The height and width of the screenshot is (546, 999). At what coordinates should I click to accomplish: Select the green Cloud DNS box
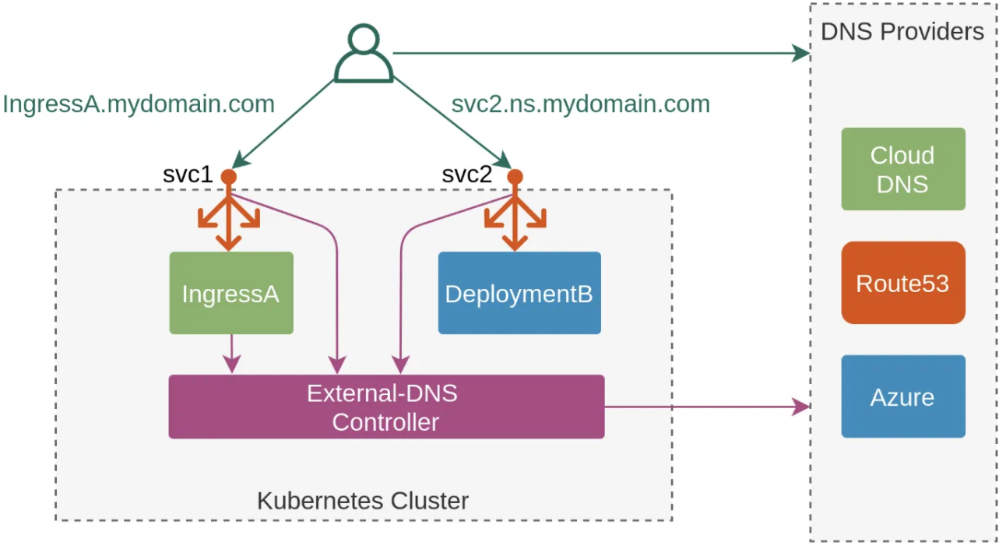902,169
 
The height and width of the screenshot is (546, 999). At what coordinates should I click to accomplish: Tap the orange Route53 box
902,283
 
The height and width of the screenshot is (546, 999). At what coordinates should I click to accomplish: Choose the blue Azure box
902,396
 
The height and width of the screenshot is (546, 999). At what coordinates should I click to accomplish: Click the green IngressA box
230,293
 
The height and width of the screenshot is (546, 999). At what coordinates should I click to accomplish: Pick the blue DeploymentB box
519,293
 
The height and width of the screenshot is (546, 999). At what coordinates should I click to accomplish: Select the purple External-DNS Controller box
386,407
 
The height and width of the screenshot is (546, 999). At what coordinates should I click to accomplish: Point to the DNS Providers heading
902,31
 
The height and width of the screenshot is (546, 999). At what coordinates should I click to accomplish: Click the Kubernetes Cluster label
363,500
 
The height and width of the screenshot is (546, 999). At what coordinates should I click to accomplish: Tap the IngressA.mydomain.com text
139,104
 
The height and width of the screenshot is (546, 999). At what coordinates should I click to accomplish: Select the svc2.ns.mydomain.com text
580,104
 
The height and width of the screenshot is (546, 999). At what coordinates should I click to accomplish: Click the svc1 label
188,174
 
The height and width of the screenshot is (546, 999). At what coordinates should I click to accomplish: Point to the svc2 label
467,174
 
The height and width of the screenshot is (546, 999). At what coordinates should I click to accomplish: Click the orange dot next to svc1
228,177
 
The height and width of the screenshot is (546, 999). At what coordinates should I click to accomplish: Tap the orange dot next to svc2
515,177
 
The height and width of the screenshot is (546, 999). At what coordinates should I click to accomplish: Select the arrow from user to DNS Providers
600,53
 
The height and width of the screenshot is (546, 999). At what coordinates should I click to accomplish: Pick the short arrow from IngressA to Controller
231,354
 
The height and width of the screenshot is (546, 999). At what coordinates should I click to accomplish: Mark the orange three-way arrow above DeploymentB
515,220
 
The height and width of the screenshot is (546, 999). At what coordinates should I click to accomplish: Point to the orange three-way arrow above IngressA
228,220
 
